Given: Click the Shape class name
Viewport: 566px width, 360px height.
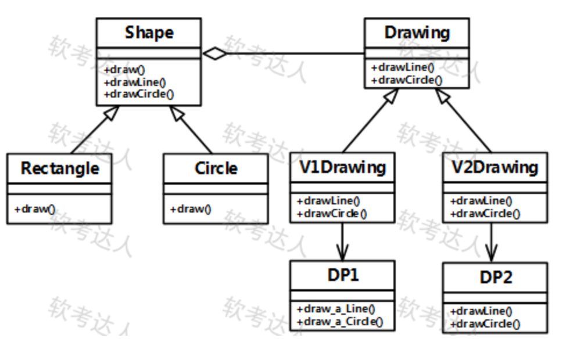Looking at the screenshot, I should click(x=149, y=33).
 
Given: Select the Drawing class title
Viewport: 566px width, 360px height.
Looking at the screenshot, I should click(x=417, y=33).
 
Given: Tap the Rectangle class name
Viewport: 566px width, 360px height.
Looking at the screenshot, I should click(x=60, y=168).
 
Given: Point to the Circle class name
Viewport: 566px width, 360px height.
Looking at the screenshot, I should click(x=216, y=168).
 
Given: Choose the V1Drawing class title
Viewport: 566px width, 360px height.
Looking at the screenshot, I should click(x=343, y=167).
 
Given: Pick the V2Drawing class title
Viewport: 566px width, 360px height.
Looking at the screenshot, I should click(x=495, y=167).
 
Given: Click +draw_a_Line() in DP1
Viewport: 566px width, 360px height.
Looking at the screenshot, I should click(x=336, y=309).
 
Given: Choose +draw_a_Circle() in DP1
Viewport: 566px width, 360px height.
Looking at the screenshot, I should click(x=340, y=321).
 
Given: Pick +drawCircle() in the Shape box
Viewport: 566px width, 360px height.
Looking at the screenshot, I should click(x=139, y=93).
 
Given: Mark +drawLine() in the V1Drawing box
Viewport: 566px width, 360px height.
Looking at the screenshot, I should click(x=328, y=201).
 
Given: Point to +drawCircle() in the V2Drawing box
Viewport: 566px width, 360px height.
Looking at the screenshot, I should click(x=486, y=213).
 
